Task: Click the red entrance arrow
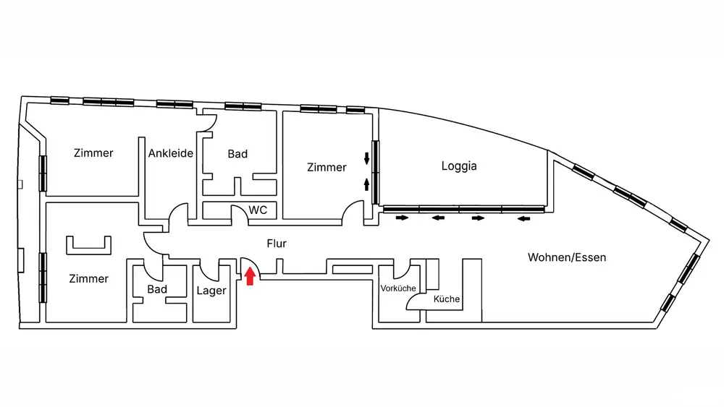tap(251, 276)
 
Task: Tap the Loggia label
tap(459, 166)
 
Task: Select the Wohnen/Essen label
tap(566, 257)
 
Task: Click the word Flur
tap(277, 244)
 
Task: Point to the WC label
tap(258, 210)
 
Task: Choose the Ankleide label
tap(171, 153)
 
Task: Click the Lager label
tap(211, 291)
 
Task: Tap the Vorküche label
tap(398, 288)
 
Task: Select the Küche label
tap(447, 299)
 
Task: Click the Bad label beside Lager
tap(157, 289)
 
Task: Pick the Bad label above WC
tap(237, 154)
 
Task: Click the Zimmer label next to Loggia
tap(327, 167)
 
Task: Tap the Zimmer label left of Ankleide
tap(94, 153)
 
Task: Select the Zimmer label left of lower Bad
tap(89, 278)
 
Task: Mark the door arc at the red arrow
tap(248, 265)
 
